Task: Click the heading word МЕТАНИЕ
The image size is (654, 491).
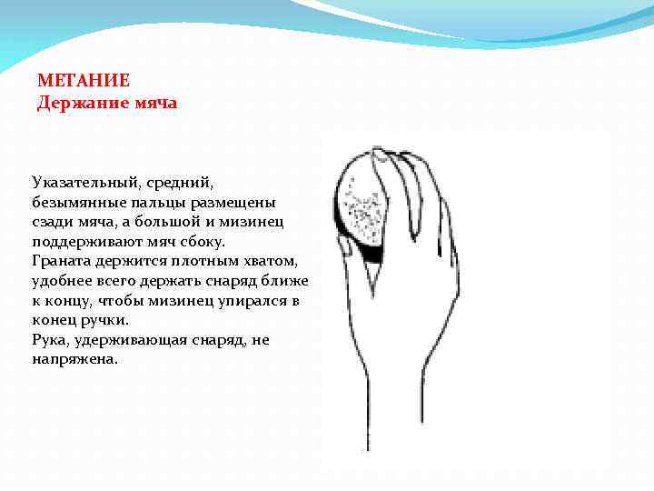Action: (x=84, y=80)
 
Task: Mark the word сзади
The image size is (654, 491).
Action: (x=52, y=222)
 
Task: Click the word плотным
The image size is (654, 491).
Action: (x=191, y=261)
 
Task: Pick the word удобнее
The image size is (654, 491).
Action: (x=65, y=281)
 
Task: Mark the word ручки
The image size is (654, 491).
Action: (x=102, y=320)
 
